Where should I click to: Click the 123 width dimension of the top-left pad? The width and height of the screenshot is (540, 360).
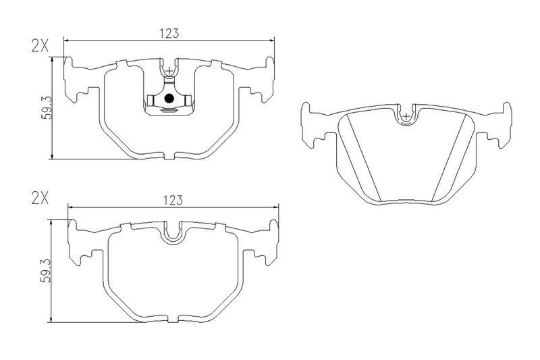[169, 34]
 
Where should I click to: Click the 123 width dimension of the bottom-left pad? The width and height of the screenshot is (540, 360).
[173, 200]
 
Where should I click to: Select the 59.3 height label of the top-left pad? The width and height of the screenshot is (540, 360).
[46, 107]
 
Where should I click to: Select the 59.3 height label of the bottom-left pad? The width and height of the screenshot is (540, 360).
[46, 270]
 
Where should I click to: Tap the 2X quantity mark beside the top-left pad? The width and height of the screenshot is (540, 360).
[40, 46]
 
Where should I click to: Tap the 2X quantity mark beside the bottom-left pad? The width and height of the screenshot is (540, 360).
[40, 198]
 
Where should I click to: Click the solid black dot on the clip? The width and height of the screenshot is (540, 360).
[169, 99]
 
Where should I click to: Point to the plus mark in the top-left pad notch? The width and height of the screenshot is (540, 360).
[169, 71]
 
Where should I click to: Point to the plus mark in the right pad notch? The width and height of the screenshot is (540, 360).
[407, 115]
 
